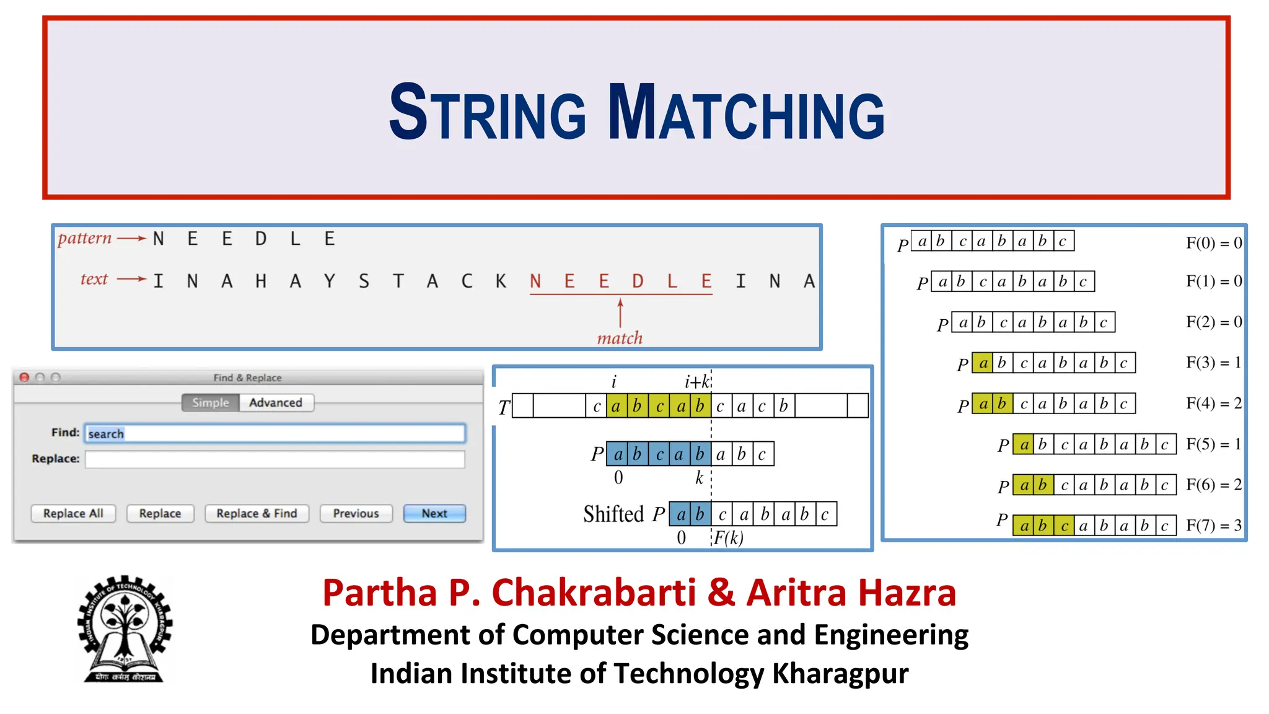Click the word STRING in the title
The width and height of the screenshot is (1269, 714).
[487, 113]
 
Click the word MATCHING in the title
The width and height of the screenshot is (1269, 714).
[746, 113]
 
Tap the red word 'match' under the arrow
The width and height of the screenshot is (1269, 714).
[620, 338]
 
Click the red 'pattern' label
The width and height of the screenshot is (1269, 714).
[85, 239]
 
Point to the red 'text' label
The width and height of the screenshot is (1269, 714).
[94, 280]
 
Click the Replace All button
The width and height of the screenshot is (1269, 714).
[73, 513]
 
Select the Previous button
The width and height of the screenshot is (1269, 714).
[356, 513]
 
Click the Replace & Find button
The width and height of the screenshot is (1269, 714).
[257, 513]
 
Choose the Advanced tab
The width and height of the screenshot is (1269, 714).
[276, 403]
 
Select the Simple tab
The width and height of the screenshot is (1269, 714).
[211, 403]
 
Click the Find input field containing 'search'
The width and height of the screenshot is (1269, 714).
[275, 433]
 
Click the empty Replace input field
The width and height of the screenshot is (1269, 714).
[275, 459]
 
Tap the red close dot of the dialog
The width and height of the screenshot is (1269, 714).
[25, 377]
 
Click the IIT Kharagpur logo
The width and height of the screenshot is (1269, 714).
[125, 629]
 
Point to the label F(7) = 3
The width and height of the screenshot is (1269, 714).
[1213, 526]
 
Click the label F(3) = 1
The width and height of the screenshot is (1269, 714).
[1213, 363]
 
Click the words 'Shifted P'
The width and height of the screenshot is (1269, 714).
[623, 514]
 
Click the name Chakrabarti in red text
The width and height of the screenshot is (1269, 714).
[594, 593]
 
